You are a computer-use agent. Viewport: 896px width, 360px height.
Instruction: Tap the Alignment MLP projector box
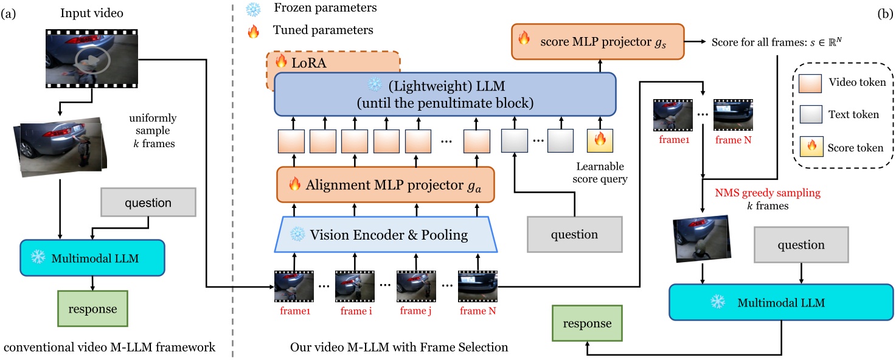(x=386, y=185)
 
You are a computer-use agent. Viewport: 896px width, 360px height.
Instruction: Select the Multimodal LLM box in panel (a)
(x=92, y=258)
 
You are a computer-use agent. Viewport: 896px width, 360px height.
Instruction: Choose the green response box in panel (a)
(x=92, y=309)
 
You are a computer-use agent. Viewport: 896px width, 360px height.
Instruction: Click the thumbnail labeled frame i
(x=355, y=286)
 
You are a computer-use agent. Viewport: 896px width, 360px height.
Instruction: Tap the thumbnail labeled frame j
(x=416, y=286)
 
